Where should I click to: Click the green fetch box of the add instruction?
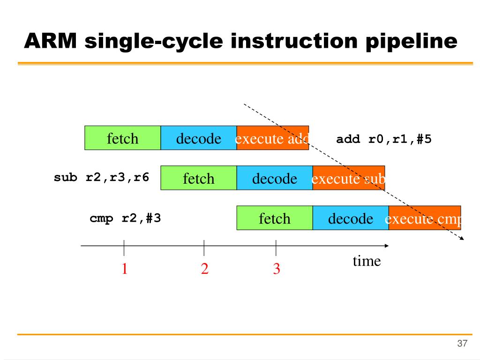[x=122, y=138]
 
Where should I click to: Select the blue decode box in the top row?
[x=198, y=138]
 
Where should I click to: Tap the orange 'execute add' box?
[x=272, y=138]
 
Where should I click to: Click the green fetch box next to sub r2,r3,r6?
[x=198, y=178]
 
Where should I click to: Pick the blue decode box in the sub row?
[x=274, y=178]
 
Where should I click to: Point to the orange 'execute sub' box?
[x=348, y=178]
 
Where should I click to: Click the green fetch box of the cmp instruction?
[x=274, y=218]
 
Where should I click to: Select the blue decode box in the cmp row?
[x=350, y=218]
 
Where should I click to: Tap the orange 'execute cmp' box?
[x=424, y=218]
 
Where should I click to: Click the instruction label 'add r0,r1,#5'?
[x=383, y=140]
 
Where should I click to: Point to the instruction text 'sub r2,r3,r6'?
[x=102, y=178]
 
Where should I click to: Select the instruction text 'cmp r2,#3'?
[x=125, y=218]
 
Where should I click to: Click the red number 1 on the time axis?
[x=125, y=269]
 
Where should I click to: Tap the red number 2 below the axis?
[x=204, y=269]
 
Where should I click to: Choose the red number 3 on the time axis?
[x=277, y=269]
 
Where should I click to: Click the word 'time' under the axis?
[x=367, y=261]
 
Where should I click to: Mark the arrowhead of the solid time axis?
[x=386, y=246]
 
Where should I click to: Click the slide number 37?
[x=462, y=344]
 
